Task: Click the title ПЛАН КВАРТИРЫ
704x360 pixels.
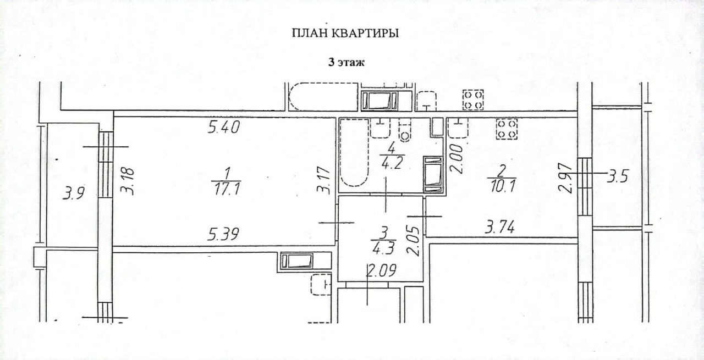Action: [345, 33]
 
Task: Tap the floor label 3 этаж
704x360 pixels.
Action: [346, 63]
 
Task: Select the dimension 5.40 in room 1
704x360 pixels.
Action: [224, 128]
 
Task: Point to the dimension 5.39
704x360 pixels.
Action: [223, 234]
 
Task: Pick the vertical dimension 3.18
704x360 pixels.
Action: [128, 181]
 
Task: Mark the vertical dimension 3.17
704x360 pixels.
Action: [324, 180]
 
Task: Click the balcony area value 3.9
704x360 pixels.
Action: [73, 193]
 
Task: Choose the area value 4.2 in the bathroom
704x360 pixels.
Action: [392, 163]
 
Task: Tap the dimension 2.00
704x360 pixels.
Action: [457, 159]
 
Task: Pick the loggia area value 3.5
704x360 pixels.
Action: [618, 176]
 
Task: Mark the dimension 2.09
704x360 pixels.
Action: [381, 270]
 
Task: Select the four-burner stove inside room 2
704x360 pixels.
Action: [507, 129]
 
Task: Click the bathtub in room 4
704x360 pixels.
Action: [354, 153]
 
